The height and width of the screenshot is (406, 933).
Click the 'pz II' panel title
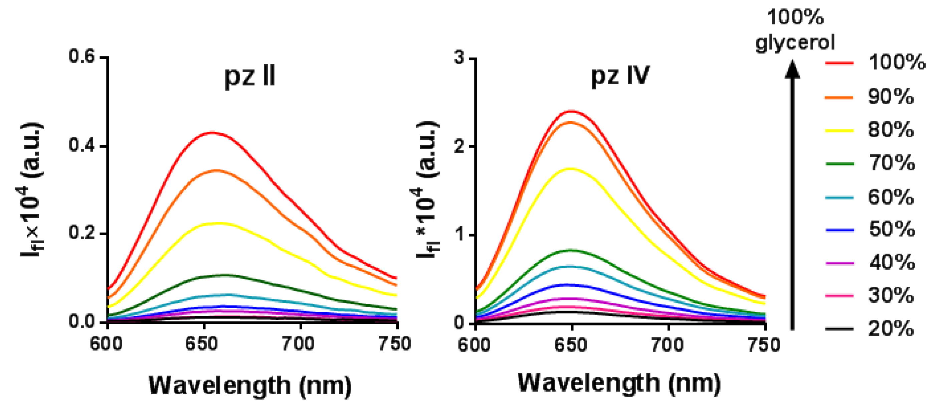tap(250, 77)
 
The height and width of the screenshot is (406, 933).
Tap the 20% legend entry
tap(891, 329)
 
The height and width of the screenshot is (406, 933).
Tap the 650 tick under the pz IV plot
tap(571, 345)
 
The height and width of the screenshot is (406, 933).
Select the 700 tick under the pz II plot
tap(299, 343)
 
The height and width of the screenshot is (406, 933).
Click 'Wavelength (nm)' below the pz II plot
tap(250, 385)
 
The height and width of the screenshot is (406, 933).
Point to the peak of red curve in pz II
tap(212, 133)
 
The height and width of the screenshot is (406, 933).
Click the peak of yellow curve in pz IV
tap(571, 168)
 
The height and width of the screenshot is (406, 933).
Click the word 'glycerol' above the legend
tap(795, 43)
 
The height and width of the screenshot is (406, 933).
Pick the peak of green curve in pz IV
tap(571, 250)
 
